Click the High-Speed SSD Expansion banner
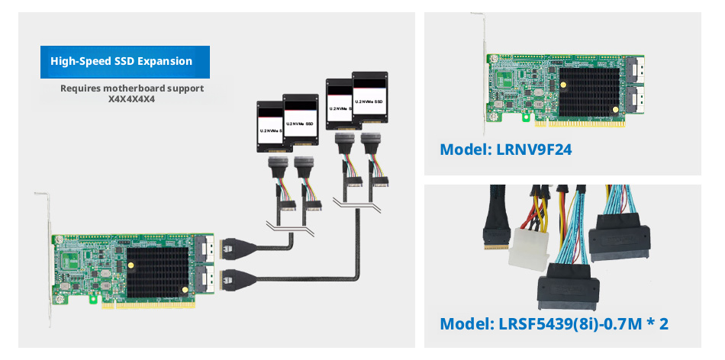(124, 62)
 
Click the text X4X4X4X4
(132, 99)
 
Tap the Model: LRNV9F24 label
(505, 149)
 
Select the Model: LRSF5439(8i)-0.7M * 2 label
(554, 323)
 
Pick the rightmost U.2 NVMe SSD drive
(370, 97)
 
